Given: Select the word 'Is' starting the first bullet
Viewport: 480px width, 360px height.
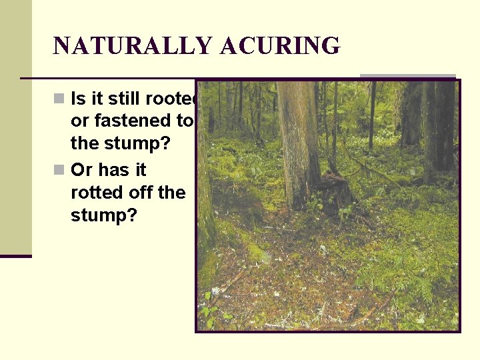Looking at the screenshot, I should (x=77, y=99).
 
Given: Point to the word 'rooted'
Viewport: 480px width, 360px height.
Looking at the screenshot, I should (x=177, y=99).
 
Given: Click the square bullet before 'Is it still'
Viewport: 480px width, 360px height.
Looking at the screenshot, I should (x=59, y=99).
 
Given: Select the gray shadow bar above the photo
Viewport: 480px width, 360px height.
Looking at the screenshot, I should (x=408, y=77).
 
